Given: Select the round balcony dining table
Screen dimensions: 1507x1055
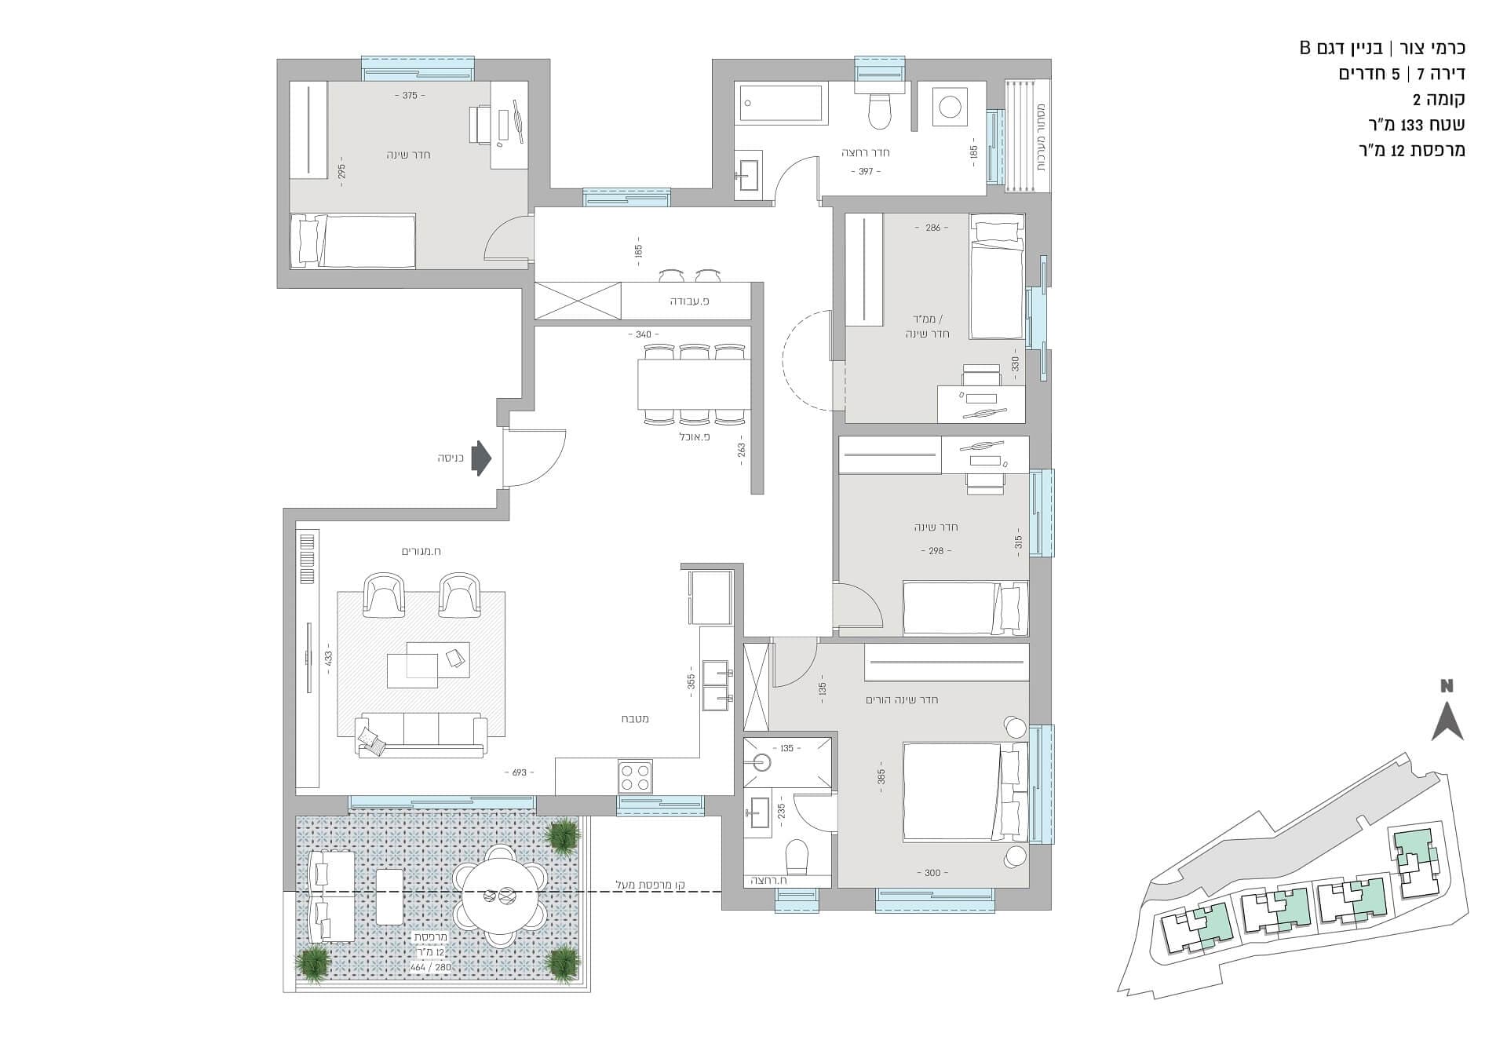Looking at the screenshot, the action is tap(501, 895).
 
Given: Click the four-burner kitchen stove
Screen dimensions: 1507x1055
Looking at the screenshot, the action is tap(636, 776).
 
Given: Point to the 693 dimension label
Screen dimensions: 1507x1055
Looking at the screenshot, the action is tap(520, 772).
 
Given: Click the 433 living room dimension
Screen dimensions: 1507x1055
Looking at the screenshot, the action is tap(328, 656).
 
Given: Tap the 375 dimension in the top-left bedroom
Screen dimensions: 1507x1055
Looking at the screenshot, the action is tap(409, 96).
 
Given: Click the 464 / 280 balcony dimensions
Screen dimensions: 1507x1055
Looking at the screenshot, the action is tap(431, 967).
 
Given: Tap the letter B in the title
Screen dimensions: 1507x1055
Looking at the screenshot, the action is tap(1304, 48).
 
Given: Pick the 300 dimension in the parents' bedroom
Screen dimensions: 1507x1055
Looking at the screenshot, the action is tap(932, 873).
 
